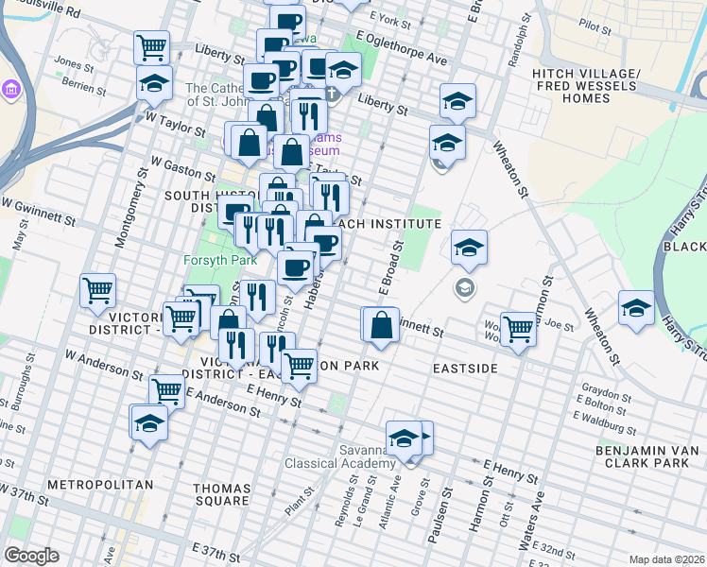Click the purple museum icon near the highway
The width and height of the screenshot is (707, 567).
pos(12,91)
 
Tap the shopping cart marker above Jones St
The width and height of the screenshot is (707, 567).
pos(152,45)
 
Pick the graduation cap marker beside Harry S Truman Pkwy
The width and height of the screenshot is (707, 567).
pos(636,308)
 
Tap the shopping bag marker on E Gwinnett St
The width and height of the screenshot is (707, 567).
pos(381,324)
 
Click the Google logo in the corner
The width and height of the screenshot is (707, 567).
pos(31,556)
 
